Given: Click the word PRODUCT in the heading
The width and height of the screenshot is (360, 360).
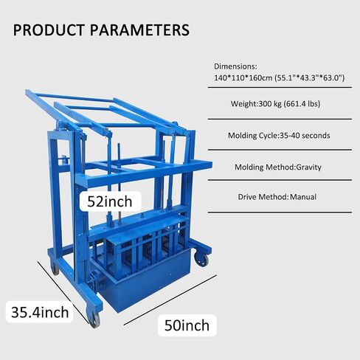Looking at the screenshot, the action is click(x=49, y=30).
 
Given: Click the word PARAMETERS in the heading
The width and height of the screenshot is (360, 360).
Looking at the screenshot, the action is click(x=139, y=30).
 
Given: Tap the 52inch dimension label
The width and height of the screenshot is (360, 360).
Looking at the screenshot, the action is click(x=110, y=201).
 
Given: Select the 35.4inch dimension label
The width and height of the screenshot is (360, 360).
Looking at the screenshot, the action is click(x=40, y=312).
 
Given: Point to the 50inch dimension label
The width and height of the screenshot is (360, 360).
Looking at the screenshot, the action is click(x=187, y=325).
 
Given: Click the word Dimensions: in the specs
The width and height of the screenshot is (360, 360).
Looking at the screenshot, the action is click(x=235, y=66).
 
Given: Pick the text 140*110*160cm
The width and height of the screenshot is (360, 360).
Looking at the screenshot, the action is click(x=243, y=78).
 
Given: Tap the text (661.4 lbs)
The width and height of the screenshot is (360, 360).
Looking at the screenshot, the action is click(x=302, y=104).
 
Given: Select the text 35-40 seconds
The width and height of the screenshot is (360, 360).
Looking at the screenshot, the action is click(x=305, y=136).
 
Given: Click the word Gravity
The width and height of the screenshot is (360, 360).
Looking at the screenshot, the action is click(x=308, y=167).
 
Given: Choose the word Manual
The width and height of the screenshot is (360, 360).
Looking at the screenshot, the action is click(x=303, y=197).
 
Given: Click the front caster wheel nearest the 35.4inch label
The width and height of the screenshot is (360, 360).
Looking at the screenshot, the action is click(x=94, y=319).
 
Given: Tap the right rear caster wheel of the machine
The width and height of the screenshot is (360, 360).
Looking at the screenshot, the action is click(x=201, y=260).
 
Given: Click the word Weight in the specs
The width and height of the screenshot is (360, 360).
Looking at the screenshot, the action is click(x=243, y=104).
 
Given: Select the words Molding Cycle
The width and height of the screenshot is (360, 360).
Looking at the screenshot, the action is click(x=253, y=136).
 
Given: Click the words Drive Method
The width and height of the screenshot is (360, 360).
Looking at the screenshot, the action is click(x=263, y=197).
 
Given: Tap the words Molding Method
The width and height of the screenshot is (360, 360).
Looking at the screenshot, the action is click(x=264, y=167).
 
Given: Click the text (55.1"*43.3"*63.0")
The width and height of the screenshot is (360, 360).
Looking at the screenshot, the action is click(x=309, y=78).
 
